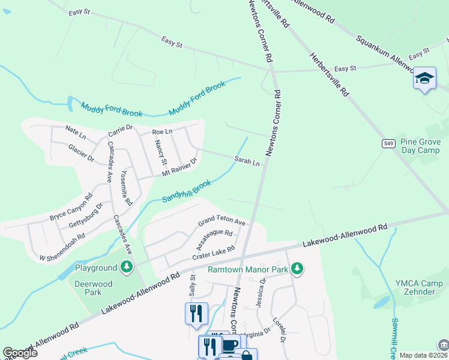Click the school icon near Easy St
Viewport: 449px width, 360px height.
pos(424,79)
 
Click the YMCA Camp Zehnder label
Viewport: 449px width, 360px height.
pos(412,287)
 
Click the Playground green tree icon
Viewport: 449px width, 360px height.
pos(126,266)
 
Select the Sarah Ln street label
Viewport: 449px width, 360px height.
pos(247,161)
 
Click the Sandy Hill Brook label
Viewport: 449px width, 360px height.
pos(187,191)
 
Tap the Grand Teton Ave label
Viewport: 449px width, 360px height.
pos(222,222)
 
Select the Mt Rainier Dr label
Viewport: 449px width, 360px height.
pos(179,168)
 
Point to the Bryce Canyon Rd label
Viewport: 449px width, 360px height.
pos(71,207)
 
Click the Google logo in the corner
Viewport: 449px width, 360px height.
pos(19,353)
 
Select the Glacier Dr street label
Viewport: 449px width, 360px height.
pos(81,152)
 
